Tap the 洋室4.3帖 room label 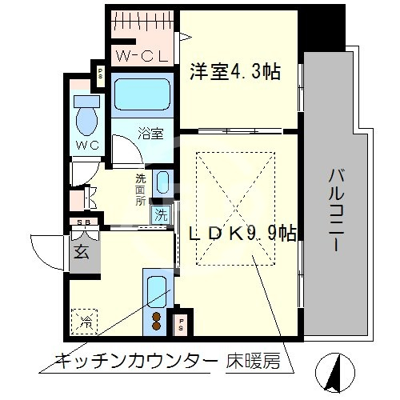(x=234, y=72)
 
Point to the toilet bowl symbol (x=84, y=118)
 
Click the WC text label (x=87, y=146)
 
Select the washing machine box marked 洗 (x=162, y=214)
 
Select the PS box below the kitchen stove (x=182, y=324)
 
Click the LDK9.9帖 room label (x=243, y=234)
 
